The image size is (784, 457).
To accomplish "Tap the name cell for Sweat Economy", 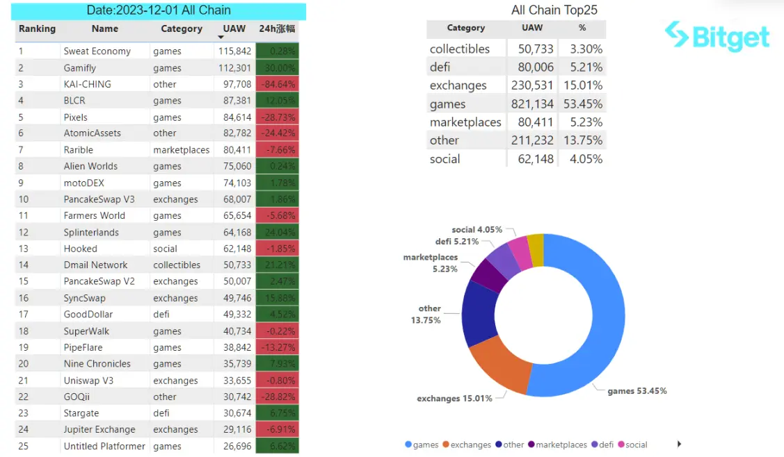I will coord(97,51).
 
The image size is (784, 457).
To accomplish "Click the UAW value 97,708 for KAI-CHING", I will coord(234,84).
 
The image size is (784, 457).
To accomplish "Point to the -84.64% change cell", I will coord(278,84).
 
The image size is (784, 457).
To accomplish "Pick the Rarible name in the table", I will coord(79,150).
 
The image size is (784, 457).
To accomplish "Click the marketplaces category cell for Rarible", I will coord(182,150).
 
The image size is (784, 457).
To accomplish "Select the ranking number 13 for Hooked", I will coord(24,249).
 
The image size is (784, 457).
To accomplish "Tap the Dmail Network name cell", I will coord(96,265).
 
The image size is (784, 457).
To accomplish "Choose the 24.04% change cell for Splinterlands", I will coord(278,233).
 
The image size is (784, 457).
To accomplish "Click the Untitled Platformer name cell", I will coord(104,447).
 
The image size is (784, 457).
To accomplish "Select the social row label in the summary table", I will coord(445,159).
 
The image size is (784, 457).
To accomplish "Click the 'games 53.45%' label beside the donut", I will coord(637,391).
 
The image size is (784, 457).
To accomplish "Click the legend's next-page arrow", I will coord(679,444).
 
